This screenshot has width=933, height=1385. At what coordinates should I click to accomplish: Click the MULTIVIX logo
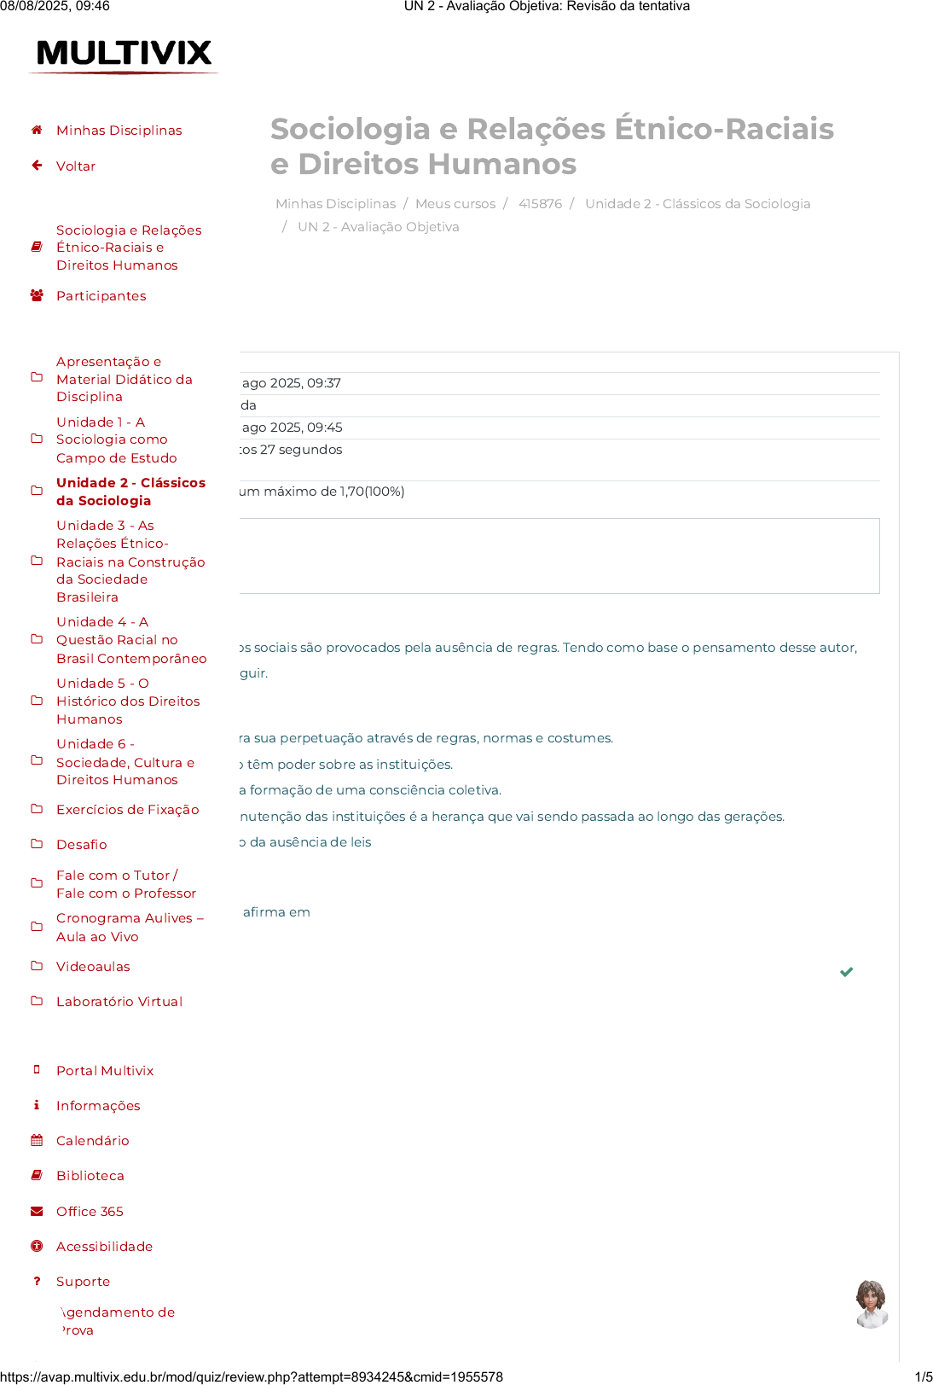(124, 54)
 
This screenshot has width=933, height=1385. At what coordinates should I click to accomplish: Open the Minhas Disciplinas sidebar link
(119, 131)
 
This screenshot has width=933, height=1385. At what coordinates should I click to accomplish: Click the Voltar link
(76, 166)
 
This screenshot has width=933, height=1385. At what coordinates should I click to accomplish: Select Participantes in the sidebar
(101, 296)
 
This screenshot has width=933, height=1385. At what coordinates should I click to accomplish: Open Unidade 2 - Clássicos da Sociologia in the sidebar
(130, 492)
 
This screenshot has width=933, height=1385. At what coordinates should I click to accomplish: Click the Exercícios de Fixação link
(127, 810)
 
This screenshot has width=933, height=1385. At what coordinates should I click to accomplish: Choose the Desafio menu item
(81, 845)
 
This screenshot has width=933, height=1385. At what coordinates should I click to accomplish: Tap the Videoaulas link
(93, 967)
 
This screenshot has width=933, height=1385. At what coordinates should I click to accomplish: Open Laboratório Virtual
(119, 1002)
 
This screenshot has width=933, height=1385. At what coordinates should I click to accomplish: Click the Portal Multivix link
(105, 1071)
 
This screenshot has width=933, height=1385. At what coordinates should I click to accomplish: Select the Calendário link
(92, 1141)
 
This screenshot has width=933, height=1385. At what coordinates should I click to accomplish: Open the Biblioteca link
(90, 1176)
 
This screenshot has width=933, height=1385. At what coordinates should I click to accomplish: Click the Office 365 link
(90, 1212)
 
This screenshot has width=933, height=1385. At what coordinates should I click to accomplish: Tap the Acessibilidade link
(104, 1247)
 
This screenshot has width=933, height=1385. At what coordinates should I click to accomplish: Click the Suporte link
(83, 1282)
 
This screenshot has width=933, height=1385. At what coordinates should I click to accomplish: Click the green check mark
(846, 972)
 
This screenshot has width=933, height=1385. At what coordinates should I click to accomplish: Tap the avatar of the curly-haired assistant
(871, 1304)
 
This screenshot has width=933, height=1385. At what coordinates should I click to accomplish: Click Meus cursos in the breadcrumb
(455, 204)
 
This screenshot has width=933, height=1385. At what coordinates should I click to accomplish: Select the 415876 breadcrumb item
(540, 204)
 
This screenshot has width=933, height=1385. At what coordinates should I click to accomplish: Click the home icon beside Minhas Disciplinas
(37, 131)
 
